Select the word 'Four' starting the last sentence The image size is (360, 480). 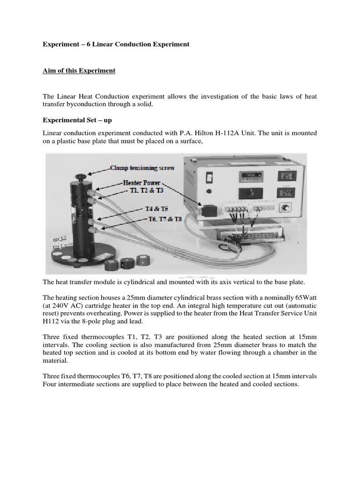click(x=50, y=384)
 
